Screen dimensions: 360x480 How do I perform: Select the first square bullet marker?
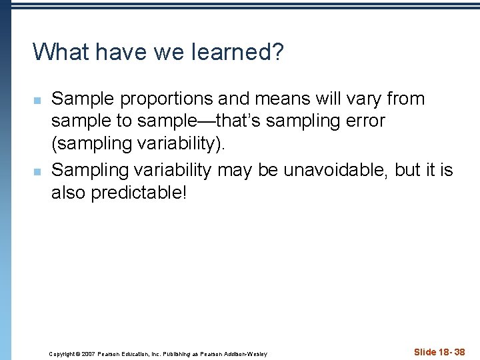point(37,100)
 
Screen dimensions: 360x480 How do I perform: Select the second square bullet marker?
point(37,171)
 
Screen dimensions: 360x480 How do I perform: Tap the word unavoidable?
point(334,170)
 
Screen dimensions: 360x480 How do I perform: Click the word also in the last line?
point(69,194)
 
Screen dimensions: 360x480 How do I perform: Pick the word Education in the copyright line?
point(138,353)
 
